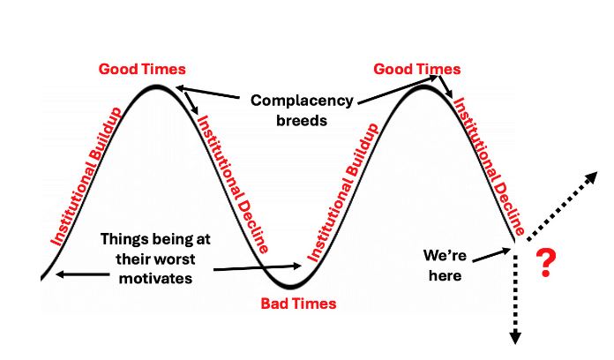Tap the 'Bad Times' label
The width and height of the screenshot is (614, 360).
[x=298, y=304]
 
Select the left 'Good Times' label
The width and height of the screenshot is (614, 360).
[x=142, y=69]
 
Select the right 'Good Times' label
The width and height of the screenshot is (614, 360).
[x=417, y=69]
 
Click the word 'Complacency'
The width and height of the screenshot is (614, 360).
[x=302, y=101]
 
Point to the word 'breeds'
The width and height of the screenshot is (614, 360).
[x=302, y=120]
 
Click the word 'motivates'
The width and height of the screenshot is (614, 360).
[x=156, y=278]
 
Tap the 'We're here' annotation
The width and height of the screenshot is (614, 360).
[x=445, y=266]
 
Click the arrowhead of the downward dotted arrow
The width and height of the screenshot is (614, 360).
[x=515, y=339]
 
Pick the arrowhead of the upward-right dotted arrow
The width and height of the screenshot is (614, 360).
[x=592, y=176]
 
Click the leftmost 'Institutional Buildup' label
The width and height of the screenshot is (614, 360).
[x=86, y=176]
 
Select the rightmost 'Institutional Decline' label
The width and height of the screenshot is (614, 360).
[x=489, y=166]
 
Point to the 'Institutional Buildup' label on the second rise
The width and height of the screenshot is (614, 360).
[x=342, y=192]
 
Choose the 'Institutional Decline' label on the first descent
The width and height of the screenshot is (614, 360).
[x=234, y=184]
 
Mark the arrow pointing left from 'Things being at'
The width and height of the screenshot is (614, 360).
[x=83, y=274]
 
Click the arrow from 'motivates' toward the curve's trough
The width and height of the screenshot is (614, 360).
[x=258, y=268]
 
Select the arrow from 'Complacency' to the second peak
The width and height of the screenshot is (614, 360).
[x=398, y=90]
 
